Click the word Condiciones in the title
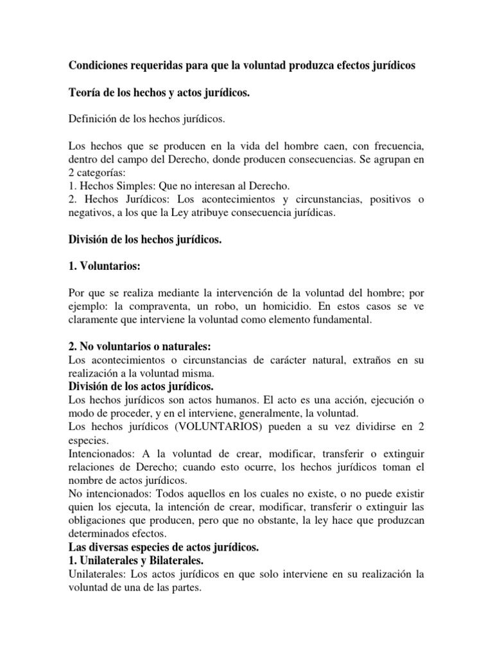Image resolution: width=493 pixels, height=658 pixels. point(101,67)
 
